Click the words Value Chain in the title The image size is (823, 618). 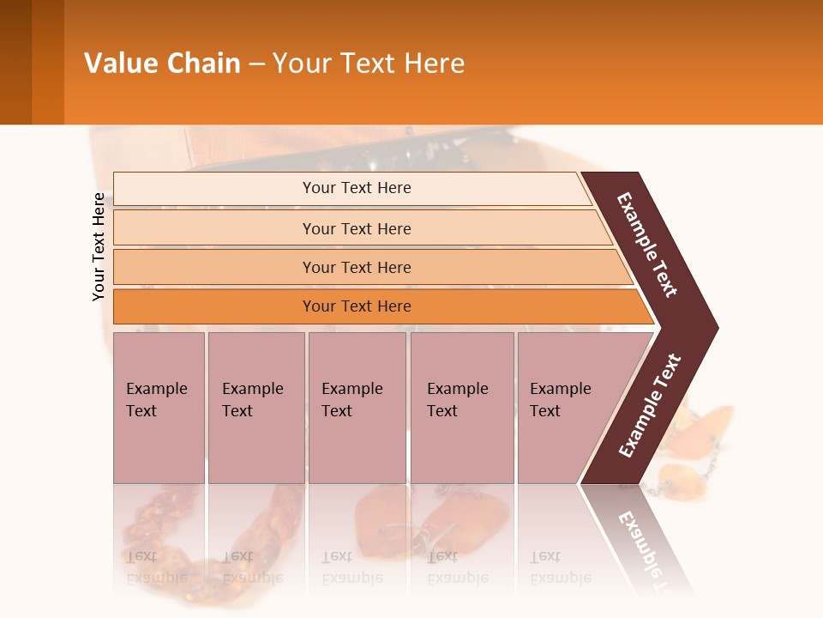162,64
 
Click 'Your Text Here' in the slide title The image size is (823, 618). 369,64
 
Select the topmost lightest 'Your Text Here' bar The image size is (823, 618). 357,188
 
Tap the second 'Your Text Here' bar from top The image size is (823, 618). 357,228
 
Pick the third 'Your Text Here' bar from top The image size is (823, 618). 357,267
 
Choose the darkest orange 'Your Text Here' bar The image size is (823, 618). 357,306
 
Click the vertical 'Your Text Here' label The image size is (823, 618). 99,246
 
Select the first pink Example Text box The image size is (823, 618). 159,407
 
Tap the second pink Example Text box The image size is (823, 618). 255,407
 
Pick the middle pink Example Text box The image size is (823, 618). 357,407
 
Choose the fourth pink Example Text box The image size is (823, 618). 461,407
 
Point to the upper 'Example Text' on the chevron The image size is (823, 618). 647,245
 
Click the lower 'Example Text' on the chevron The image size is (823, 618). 649,406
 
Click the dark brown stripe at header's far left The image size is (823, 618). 15,62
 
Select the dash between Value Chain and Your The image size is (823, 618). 256,64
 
